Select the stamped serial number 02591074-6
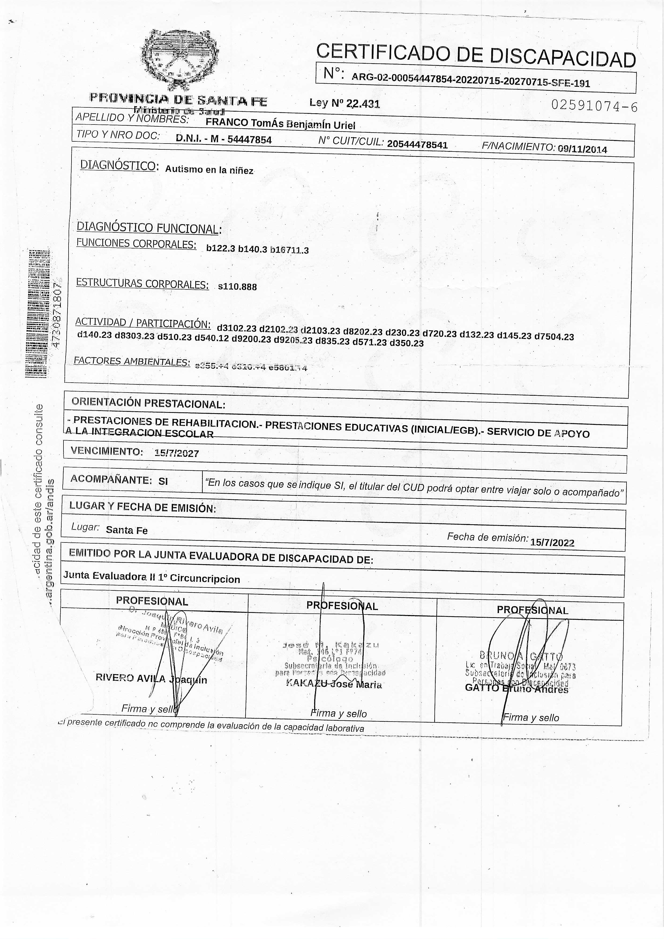pos(594,106)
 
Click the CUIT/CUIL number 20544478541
pos(417,144)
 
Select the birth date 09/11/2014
pos(582,149)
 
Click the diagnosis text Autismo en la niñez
pos(209,170)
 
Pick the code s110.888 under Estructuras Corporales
pos(237,287)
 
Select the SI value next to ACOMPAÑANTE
pos(163,481)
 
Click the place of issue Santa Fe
pos(126,530)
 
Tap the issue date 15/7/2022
pos(552,543)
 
